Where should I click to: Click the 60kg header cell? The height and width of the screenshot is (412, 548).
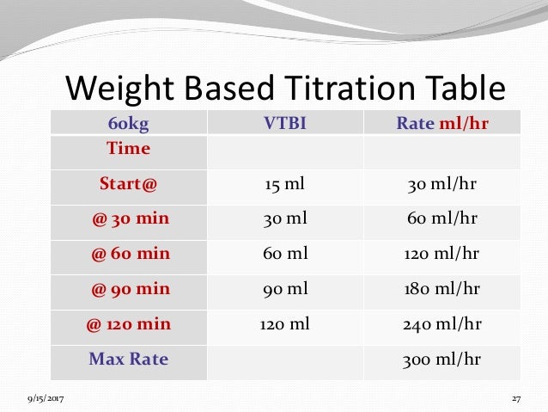pyautogui.click(x=129, y=123)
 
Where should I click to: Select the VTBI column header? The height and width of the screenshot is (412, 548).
pyautogui.click(x=284, y=123)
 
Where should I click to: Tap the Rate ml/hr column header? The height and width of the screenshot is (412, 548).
pyautogui.click(x=442, y=123)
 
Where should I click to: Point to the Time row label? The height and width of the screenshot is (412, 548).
pyautogui.click(x=128, y=149)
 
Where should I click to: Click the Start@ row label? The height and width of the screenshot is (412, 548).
pyautogui.click(x=128, y=183)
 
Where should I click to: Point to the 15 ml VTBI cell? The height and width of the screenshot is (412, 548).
pyautogui.click(x=284, y=183)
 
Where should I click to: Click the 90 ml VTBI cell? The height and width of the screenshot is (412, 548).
pyautogui.click(x=284, y=289)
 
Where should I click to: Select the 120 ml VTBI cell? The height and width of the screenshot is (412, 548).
pyautogui.click(x=284, y=324)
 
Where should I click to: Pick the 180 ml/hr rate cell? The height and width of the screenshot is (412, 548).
pyautogui.click(x=442, y=289)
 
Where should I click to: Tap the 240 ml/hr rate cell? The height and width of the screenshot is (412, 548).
pyautogui.click(x=442, y=324)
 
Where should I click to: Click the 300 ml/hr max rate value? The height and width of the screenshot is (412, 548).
pyautogui.click(x=442, y=359)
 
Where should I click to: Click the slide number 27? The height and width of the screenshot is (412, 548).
pyautogui.click(x=516, y=399)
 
